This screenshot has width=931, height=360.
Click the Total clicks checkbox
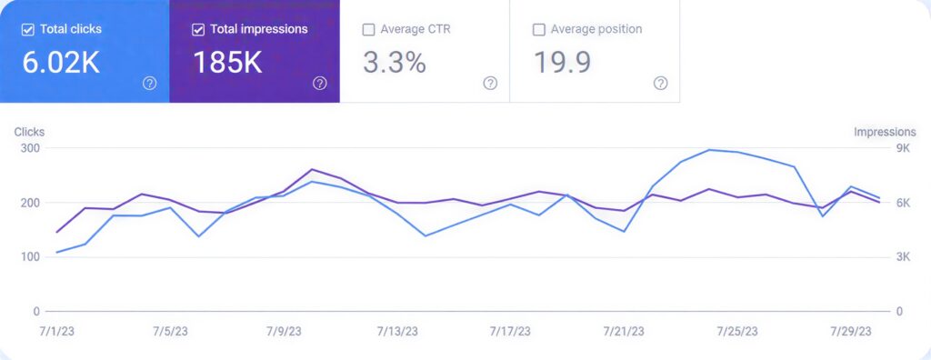[x=28, y=29]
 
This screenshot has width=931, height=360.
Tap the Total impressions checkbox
[x=198, y=29]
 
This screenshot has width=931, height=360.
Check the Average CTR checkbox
[x=368, y=29]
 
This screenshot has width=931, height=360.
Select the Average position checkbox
[x=538, y=29]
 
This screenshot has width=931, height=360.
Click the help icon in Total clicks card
[x=150, y=83]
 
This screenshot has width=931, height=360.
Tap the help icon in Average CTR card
[x=490, y=83]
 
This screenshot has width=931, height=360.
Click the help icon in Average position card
[x=660, y=83]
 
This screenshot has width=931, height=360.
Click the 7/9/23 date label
[x=283, y=331]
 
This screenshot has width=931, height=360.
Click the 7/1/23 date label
[x=56, y=331]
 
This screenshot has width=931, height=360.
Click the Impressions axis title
[x=885, y=132]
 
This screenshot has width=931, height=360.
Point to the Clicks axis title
[x=29, y=132]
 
